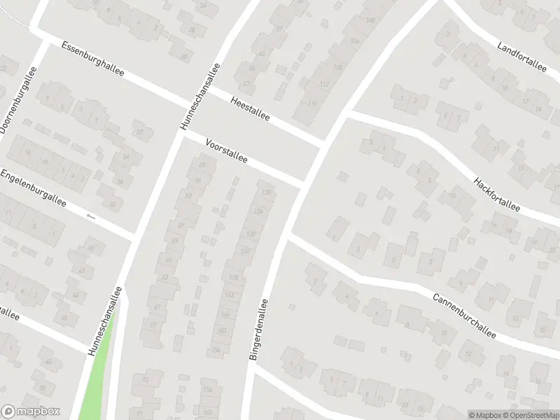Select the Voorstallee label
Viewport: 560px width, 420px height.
point(227,150)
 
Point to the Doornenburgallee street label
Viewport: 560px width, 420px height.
point(17,100)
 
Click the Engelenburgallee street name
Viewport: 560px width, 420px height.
point(33,187)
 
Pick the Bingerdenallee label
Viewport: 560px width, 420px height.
point(258,330)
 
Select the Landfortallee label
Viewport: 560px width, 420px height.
point(521,57)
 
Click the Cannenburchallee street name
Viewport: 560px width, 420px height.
point(463,316)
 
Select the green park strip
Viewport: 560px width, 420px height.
point(98,371)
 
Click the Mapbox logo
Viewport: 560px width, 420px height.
point(31,412)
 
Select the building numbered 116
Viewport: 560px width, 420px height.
point(311,104)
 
